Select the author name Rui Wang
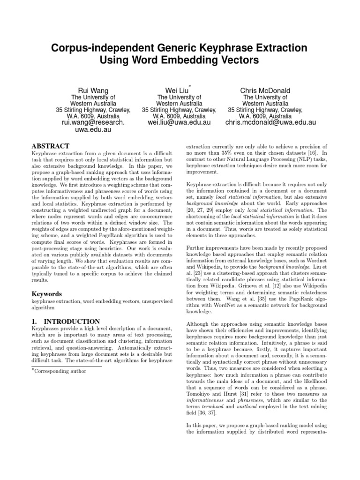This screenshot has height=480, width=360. (93, 90)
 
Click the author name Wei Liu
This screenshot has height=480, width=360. (176, 90)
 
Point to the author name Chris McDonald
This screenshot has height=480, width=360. (265, 90)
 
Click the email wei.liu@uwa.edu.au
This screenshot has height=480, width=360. (179, 122)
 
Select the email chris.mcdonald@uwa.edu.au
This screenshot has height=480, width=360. (270, 122)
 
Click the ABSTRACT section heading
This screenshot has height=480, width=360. (50, 146)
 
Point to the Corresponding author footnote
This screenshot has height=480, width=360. (60, 371)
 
